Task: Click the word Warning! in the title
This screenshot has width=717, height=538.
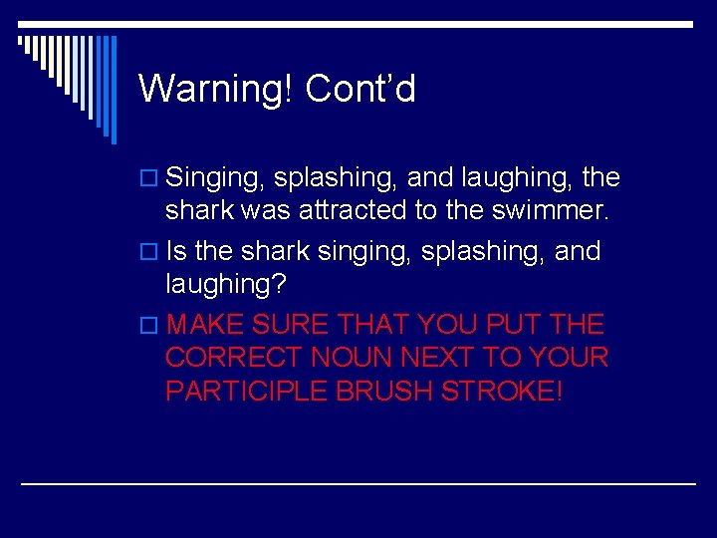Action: tap(216, 89)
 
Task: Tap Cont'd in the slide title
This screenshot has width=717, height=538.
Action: tap(360, 89)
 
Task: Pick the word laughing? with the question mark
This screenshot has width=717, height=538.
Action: tap(225, 284)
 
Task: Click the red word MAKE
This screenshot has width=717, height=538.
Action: tap(206, 324)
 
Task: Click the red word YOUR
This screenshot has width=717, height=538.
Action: tap(572, 357)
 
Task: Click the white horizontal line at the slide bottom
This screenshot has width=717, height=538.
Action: tap(358, 483)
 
